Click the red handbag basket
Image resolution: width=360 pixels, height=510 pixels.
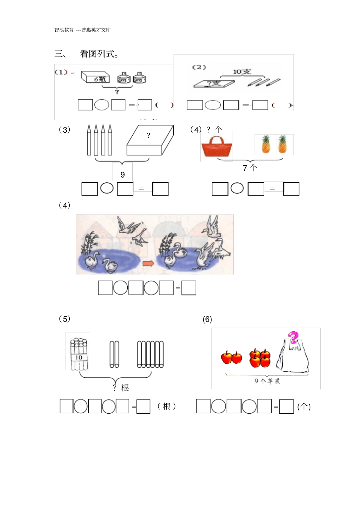pos(216,147)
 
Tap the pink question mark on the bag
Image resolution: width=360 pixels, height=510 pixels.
pos(293,337)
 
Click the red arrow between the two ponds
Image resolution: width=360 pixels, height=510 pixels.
pos(148,263)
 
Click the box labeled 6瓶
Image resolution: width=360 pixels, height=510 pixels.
pos(95,77)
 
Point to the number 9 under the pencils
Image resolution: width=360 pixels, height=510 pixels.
pos(122,175)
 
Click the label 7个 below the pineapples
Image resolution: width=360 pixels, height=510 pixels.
pos(250,168)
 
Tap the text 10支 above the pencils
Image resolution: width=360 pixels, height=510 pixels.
pos(242,72)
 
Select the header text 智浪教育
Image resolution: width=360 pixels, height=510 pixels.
pos(64,30)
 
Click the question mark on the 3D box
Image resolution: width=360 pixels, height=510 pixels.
pos(148,135)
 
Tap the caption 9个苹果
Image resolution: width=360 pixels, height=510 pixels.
pos(267,381)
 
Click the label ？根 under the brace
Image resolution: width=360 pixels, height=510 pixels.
pos(121,388)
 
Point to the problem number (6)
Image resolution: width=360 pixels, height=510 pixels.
pos(207,319)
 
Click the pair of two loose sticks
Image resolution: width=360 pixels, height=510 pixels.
pos(114,354)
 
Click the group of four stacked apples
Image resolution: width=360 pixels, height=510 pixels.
pos(260,358)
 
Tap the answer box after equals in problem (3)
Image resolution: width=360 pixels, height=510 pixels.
pos(160,189)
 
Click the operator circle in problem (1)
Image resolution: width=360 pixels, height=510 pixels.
pos(102,105)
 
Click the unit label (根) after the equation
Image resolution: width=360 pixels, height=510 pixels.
pos(166,406)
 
